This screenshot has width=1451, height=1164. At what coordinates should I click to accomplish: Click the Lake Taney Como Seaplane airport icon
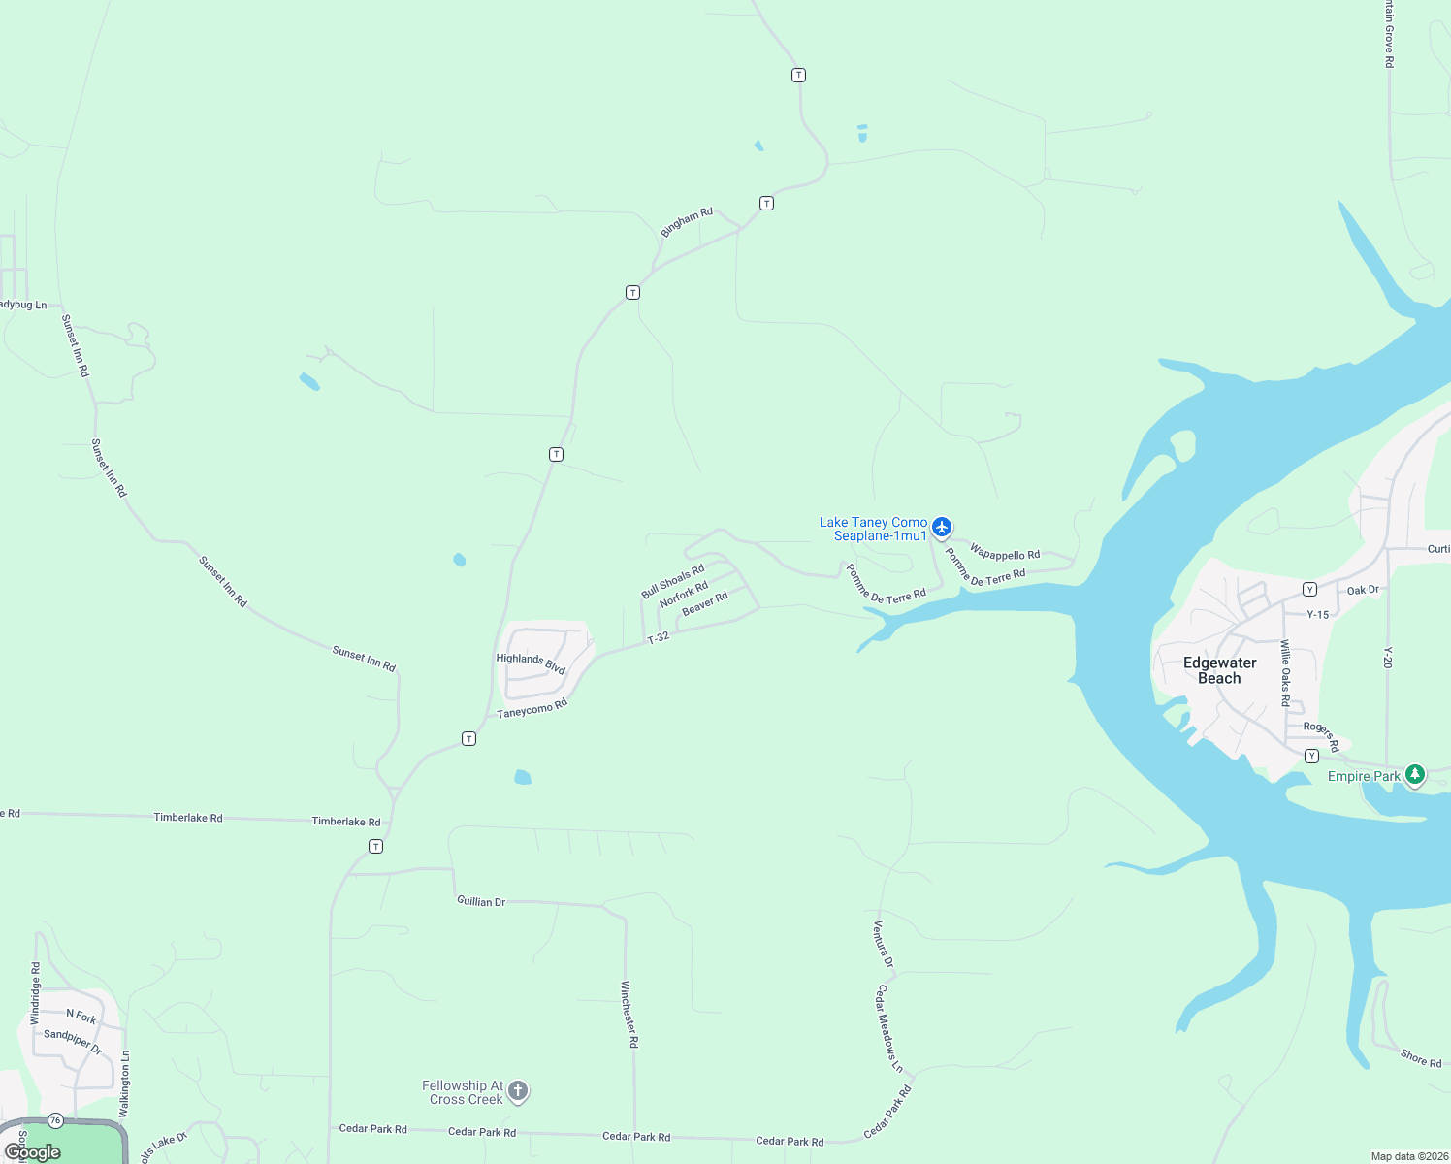[x=941, y=528]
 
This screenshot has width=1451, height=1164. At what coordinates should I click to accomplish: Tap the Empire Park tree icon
[x=1415, y=774]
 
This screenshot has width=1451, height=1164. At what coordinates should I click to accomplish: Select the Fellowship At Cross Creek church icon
[x=518, y=1091]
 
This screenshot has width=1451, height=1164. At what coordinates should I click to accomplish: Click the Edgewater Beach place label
[x=1219, y=670]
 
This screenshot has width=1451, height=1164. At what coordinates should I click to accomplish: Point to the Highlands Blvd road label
[x=531, y=663]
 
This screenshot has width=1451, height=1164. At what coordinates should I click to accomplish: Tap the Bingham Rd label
[x=686, y=222]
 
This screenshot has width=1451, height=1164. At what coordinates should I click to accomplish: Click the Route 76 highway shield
[x=55, y=1120]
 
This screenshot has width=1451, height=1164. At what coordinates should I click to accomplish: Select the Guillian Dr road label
[x=481, y=901]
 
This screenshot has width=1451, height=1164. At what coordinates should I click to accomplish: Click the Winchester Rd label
[x=629, y=1014]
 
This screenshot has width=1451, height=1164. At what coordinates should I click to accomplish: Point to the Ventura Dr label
[x=883, y=944]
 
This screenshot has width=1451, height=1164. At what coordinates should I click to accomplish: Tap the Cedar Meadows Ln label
[x=888, y=1028]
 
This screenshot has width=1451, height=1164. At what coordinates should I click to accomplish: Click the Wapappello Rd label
[x=1005, y=553]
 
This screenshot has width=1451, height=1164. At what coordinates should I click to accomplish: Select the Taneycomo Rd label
[x=532, y=709]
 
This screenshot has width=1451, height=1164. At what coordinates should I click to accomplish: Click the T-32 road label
[x=659, y=637]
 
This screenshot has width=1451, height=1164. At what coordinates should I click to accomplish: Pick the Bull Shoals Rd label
[x=672, y=581]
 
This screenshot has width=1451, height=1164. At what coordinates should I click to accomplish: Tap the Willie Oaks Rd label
[x=1285, y=672]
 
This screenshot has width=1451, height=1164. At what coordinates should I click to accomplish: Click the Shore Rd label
[x=1421, y=1058]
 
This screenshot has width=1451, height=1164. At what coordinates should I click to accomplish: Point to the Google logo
[x=33, y=1152]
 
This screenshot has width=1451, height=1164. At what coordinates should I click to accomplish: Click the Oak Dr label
[x=1363, y=590]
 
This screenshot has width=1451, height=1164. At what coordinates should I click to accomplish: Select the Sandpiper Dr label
[x=73, y=1041]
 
